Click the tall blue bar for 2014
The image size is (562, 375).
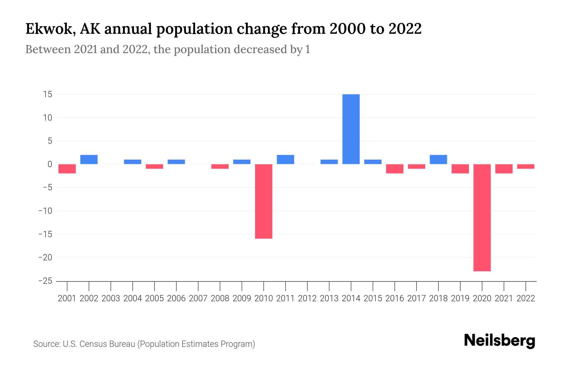pos(351,129)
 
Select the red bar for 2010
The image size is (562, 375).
pos(264,201)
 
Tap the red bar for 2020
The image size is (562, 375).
pos(482,217)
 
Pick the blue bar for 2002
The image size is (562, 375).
pos(89,159)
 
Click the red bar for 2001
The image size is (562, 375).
pos(67,169)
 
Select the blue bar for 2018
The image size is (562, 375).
pos(438,159)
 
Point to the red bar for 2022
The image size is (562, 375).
pos(526,167)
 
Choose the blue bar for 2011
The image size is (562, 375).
pos(285,159)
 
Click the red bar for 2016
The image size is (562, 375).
pos(395,169)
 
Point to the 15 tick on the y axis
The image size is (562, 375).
pos(48,94)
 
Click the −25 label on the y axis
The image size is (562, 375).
pos(45,281)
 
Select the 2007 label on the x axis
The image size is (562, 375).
pos(198,298)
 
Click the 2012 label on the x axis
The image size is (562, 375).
pos(307,298)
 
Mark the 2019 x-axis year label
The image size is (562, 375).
pos(460,298)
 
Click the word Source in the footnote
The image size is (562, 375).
pos(46,344)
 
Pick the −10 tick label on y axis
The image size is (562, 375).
pos(45,211)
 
